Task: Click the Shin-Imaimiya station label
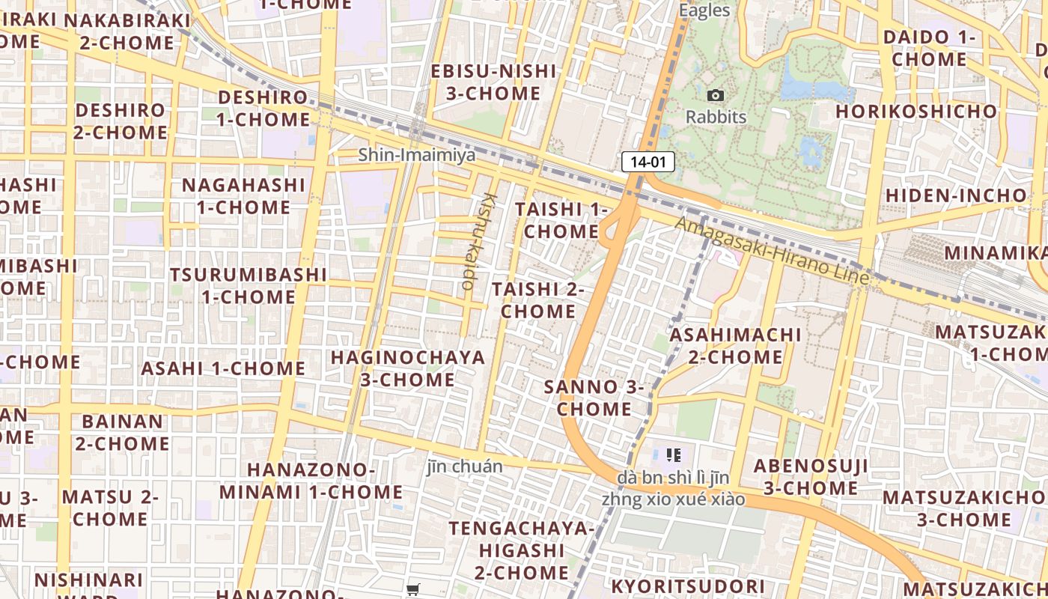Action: click(x=416, y=155)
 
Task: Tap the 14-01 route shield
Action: click(x=648, y=162)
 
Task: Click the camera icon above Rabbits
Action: click(x=716, y=96)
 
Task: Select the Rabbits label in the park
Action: click(x=716, y=117)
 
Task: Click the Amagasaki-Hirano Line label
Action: click(x=772, y=250)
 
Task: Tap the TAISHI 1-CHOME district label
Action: click(x=561, y=220)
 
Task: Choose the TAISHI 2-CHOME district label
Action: click(x=538, y=299)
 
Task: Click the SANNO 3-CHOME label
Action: click(x=594, y=398)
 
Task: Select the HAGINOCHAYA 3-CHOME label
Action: click(x=408, y=368)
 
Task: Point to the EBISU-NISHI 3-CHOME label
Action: click(x=493, y=82)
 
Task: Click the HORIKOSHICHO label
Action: click(x=916, y=112)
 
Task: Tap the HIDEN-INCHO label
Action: click(x=957, y=195)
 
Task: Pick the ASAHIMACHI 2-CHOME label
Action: click(x=735, y=345)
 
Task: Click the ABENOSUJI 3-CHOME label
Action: click(x=805, y=477)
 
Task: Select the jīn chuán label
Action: click(x=465, y=466)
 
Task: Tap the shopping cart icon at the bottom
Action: click(x=412, y=590)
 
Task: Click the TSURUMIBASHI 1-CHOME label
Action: click(x=249, y=285)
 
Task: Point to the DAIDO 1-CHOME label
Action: click(x=930, y=48)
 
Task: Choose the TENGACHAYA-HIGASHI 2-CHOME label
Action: click(x=521, y=550)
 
